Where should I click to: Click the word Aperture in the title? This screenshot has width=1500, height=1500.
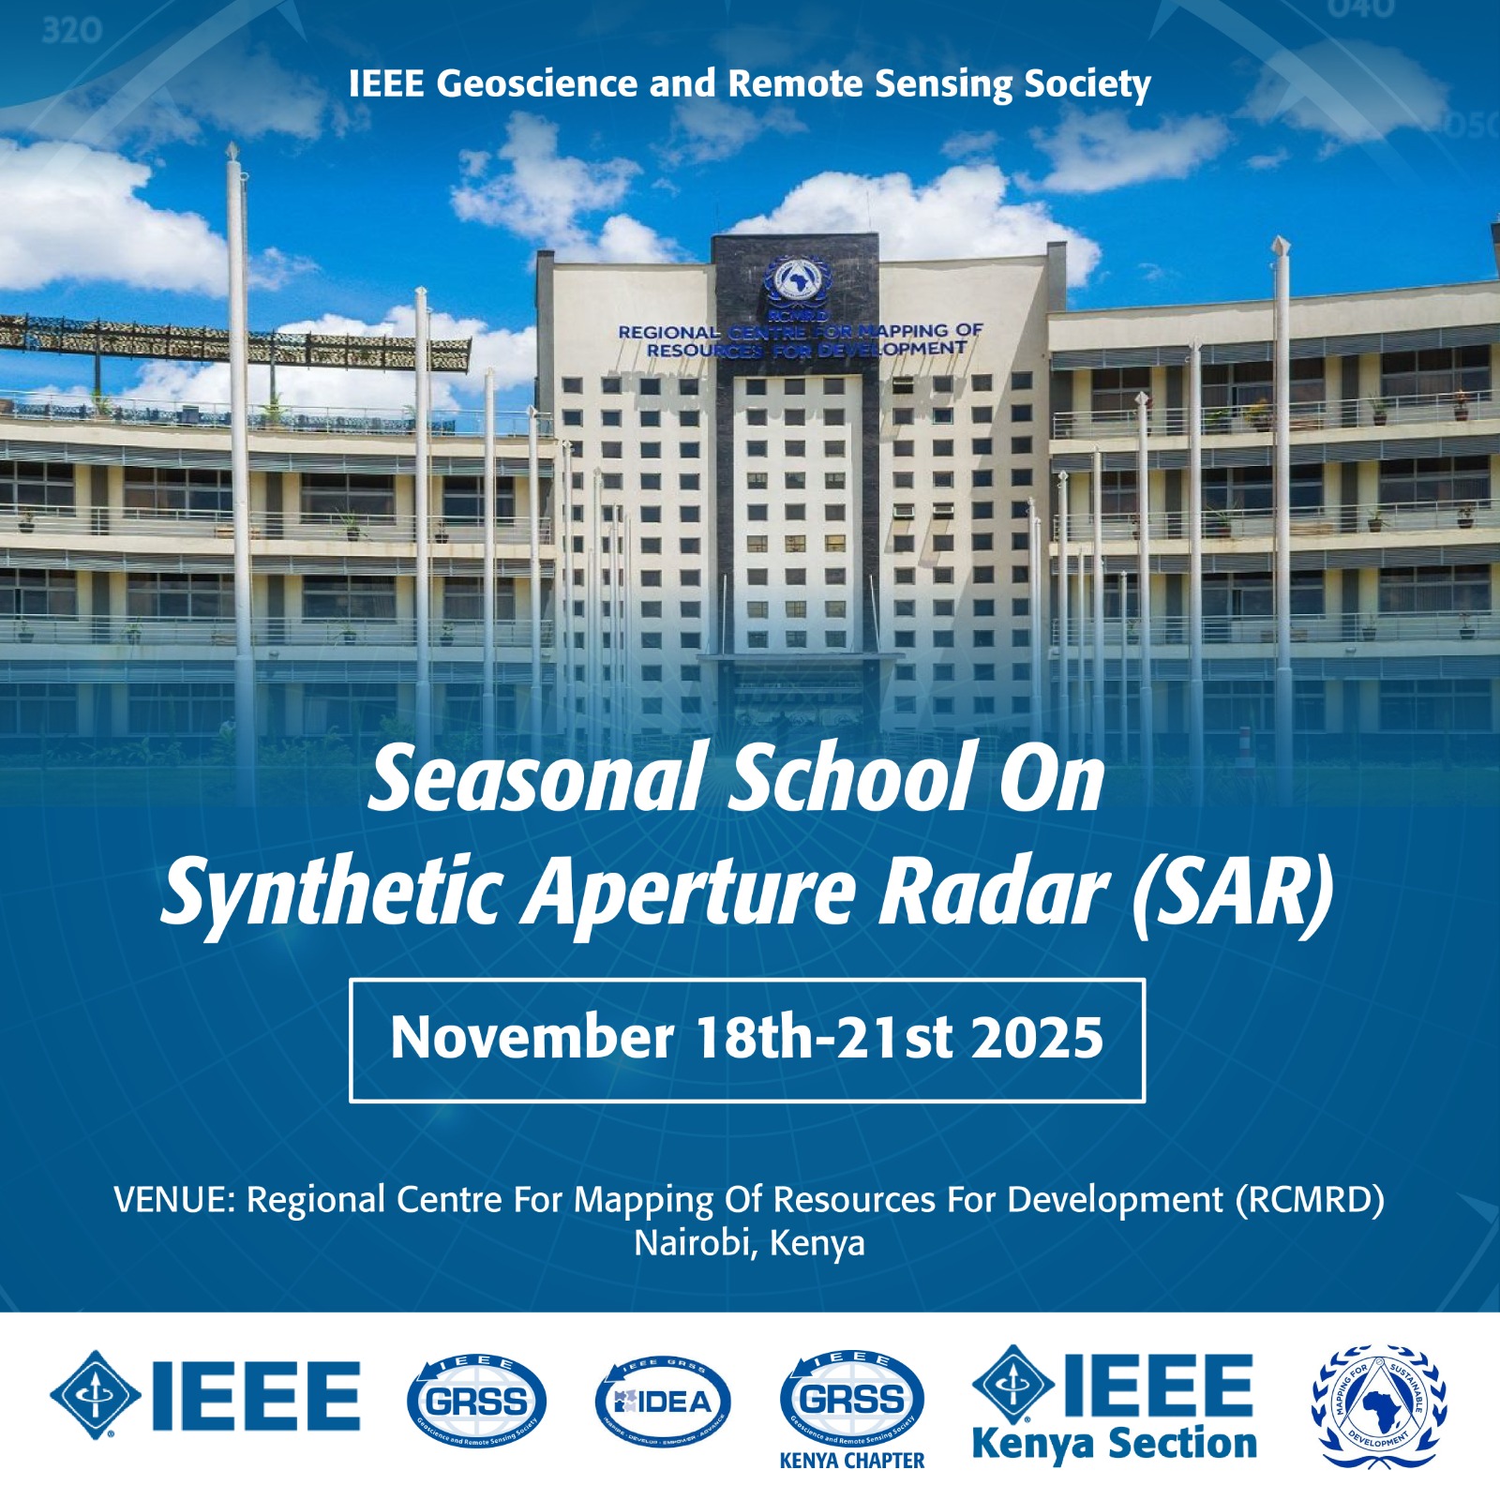(688, 891)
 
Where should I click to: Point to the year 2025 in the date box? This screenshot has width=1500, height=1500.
(1037, 1038)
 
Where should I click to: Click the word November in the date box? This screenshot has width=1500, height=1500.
(532, 1038)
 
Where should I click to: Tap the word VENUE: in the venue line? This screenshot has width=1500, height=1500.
(174, 1200)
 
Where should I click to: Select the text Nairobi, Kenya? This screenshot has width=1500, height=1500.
(749, 1243)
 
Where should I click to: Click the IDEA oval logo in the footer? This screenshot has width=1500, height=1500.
(663, 1402)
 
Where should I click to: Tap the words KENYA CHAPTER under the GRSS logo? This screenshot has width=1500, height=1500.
(852, 1461)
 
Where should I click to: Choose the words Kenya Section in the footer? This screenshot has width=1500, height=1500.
(1115, 1445)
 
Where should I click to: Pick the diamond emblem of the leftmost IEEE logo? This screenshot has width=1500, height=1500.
(95, 1395)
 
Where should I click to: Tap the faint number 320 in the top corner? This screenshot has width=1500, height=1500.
(71, 31)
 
